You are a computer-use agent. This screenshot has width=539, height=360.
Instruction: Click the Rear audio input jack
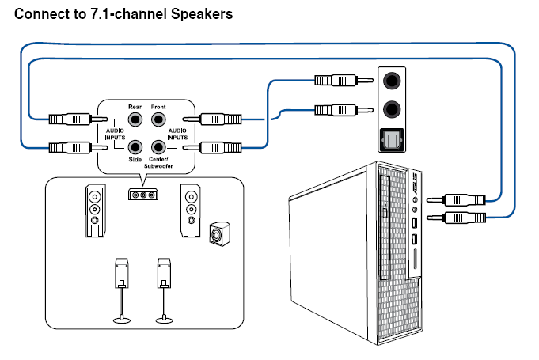coord(136,120)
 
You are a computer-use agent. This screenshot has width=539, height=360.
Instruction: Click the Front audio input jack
coord(158,120)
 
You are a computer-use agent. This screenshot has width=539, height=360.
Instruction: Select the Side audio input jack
coord(136,146)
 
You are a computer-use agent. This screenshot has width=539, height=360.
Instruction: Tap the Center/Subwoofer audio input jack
coord(158,146)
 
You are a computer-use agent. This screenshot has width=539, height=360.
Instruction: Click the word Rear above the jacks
coord(135,107)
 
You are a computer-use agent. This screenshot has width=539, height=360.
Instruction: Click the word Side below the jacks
coord(135,160)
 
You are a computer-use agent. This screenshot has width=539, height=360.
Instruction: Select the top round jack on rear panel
coord(390,81)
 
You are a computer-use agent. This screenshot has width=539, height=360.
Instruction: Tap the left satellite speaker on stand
coord(121,273)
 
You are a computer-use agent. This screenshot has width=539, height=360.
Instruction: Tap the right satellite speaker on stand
coord(164,273)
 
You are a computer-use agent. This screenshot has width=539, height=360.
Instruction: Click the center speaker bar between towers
coord(142,195)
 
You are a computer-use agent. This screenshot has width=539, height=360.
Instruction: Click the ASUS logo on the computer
coord(414,187)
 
